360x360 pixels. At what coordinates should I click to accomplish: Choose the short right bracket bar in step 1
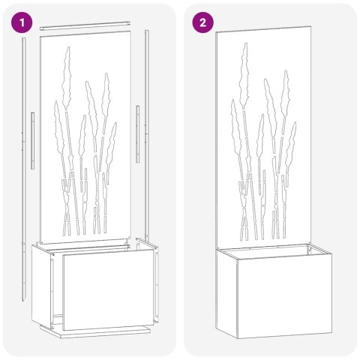tap(138, 133)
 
